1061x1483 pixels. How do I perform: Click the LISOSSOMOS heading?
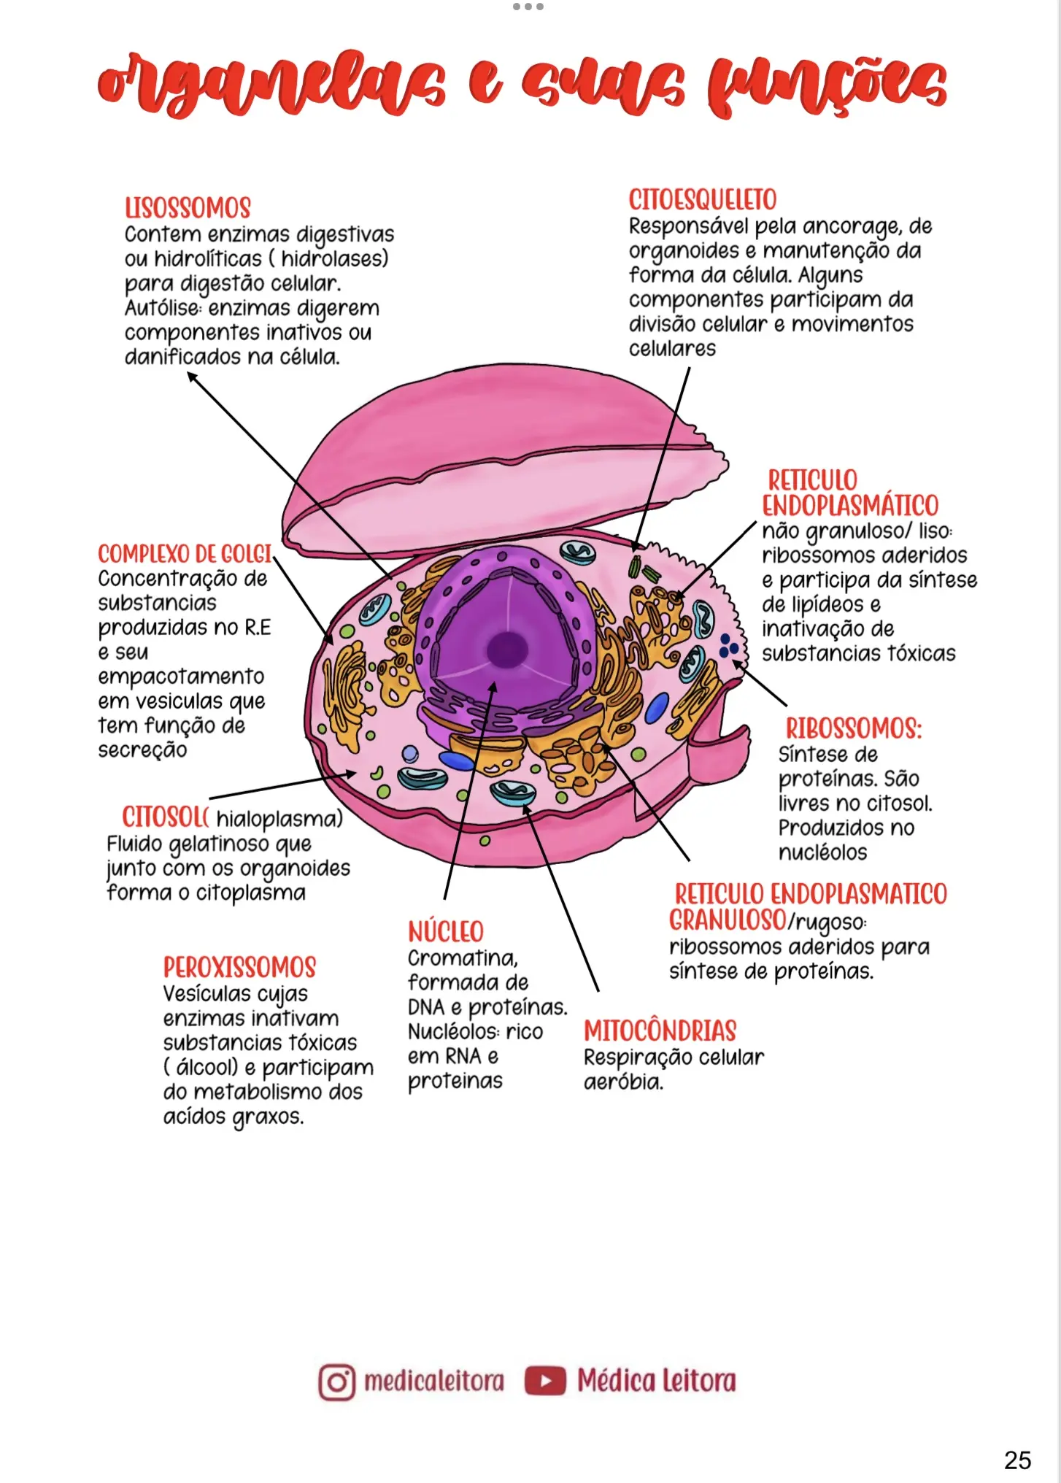[x=188, y=208]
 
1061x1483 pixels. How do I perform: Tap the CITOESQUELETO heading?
[x=702, y=200]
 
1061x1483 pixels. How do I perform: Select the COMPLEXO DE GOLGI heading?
[x=185, y=554]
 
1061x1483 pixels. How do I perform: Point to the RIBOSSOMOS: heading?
[x=853, y=728]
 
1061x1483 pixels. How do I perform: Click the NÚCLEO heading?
[x=445, y=932]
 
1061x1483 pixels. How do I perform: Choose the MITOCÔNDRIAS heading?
[x=660, y=1031]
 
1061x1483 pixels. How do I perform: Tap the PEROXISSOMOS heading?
[x=239, y=968]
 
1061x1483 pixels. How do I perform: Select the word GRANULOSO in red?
[x=728, y=920]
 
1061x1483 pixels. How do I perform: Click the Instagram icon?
[x=336, y=1382]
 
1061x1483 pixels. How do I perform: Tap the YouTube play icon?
[x=545, y=1381]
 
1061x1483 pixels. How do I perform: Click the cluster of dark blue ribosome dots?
[x=728, y=646]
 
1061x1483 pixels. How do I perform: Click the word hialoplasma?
[x=279, y=819]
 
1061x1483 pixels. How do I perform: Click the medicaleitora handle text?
[x=433, y=1381]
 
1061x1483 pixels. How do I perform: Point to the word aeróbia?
[x=623, y=1082]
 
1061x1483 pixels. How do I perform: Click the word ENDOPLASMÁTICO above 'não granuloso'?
[x=850, y=505]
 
